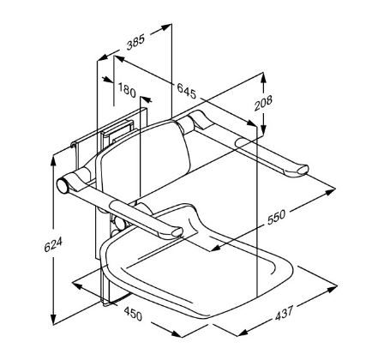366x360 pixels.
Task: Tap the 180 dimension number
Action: coord(127,90)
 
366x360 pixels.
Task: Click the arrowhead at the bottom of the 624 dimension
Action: coord(55,315)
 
